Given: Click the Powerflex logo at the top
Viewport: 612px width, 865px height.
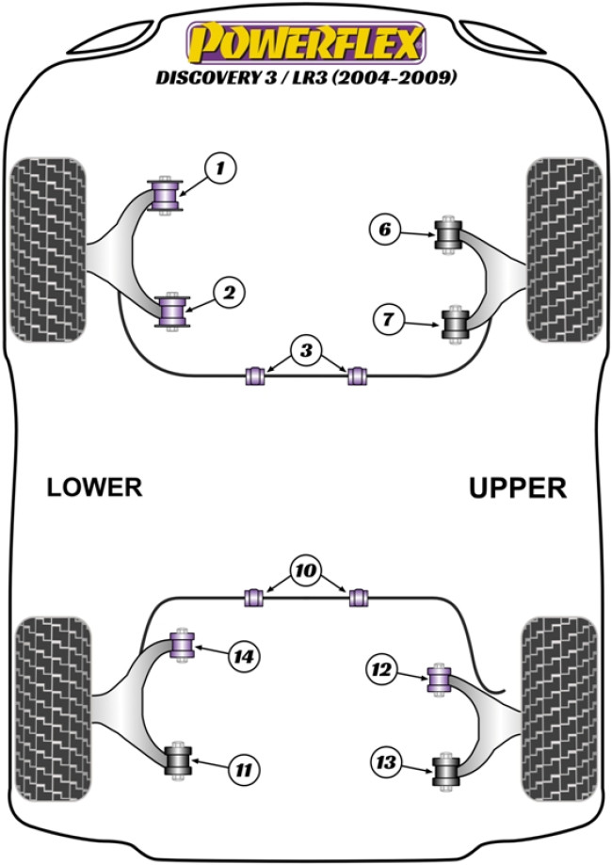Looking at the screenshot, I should [306, 43].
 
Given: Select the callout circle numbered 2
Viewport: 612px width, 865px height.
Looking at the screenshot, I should [227, 294].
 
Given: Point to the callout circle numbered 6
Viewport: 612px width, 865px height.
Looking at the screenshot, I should [384, 229].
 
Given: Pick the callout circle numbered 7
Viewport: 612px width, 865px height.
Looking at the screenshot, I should [387, 319].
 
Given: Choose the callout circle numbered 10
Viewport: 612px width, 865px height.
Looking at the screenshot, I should [305, 570].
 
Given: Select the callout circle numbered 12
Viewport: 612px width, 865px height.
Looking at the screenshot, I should [381, 670].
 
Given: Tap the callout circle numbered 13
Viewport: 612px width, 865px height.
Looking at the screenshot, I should [385, 761].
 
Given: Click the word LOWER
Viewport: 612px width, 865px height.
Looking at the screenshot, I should [94, 487].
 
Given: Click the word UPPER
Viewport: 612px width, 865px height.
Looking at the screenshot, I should [517, 488].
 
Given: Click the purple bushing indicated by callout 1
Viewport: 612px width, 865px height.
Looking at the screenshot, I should [167, 195].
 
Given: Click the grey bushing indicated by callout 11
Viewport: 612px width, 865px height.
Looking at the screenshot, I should [178, 761].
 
